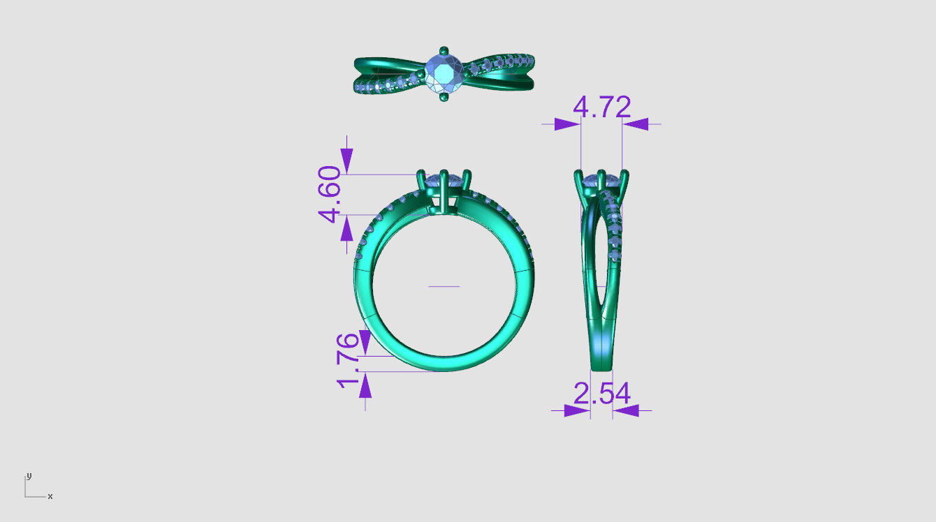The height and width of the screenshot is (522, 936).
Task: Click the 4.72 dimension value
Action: [601, 107]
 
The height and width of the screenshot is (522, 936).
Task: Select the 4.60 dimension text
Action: [330, 194]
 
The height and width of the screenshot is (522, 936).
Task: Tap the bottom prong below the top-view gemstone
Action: [443, 97]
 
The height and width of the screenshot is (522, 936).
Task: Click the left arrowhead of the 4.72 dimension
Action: [567, 124]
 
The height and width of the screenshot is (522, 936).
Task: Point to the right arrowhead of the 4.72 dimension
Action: [636, 124]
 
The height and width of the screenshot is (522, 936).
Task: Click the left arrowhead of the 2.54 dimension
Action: [577, 410]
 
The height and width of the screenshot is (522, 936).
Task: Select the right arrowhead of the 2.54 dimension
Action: [626, 410]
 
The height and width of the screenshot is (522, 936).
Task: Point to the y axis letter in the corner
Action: [29, 475]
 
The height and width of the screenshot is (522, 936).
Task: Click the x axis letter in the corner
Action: [50, 496]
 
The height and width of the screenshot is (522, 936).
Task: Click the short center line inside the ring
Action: [444, 286]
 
